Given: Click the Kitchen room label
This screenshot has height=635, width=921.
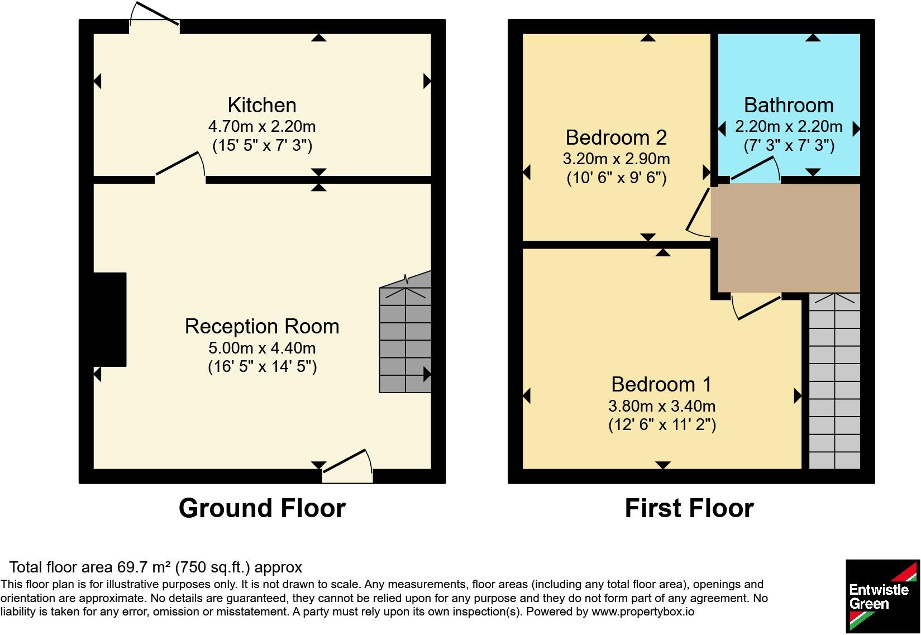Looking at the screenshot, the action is (x=262, y=106).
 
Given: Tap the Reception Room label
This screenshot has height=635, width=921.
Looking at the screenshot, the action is (x=262, y=327).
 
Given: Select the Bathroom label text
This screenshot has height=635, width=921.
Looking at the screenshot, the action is (x=789, y=106).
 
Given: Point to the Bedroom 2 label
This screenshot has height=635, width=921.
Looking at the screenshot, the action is (x=616, y=137).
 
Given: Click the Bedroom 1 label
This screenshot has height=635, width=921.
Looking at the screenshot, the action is (x=661, y=385).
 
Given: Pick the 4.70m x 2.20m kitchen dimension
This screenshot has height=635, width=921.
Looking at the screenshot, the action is (x=262, y=126).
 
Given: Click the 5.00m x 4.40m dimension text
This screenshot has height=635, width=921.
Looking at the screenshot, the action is (x=262, y=348).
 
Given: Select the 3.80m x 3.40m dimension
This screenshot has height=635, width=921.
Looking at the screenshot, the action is (x=661, y=407).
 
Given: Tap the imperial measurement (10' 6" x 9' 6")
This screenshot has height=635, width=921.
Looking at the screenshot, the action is (x=617, y=178).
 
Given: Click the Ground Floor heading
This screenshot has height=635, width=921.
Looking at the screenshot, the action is (x=262, y=508).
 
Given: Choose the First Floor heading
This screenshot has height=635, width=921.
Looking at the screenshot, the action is (x=689, y=508).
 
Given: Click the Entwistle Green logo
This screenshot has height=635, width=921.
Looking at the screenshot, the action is (x=882, y=596).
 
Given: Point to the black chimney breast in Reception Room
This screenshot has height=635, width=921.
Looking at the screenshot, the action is (x=110, y=319).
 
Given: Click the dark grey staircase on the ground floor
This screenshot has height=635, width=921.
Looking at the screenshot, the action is (x=405, y=333).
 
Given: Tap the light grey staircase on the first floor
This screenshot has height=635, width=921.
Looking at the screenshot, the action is (x=834, y=381).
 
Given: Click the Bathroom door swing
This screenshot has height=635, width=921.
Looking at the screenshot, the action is (x=756, y=169).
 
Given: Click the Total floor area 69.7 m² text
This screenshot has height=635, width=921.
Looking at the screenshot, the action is (x=155, y=567).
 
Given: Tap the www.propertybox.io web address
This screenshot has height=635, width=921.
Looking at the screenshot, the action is (x=643, y=612).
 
